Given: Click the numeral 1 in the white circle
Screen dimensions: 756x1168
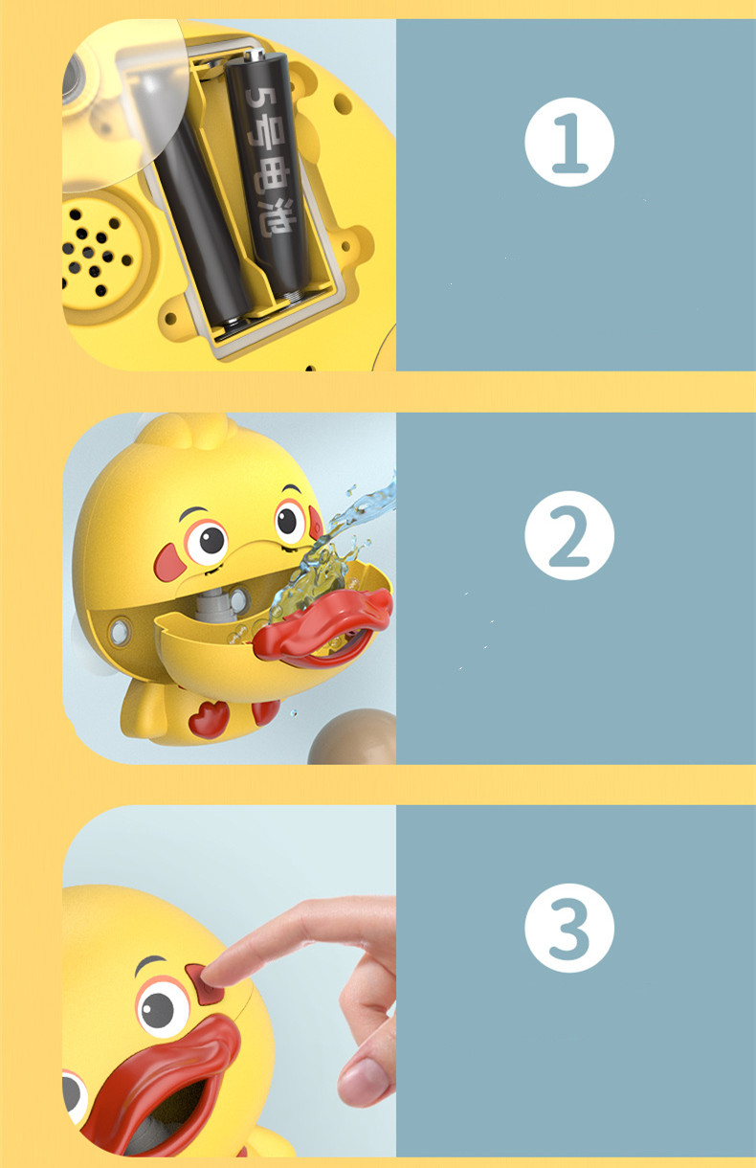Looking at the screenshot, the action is pyautogui.click(x=569, y=144).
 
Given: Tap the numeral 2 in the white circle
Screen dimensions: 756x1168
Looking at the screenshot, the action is pyautogui.click(x=569, y=537).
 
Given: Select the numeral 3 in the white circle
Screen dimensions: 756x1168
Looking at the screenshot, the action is pyautogui.click(x=569, y=929).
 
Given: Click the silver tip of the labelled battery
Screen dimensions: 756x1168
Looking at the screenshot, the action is pyautogui.click(x=255, y=54).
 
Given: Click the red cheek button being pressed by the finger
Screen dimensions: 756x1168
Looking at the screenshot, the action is pyautogui.click(x=204, y=984).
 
